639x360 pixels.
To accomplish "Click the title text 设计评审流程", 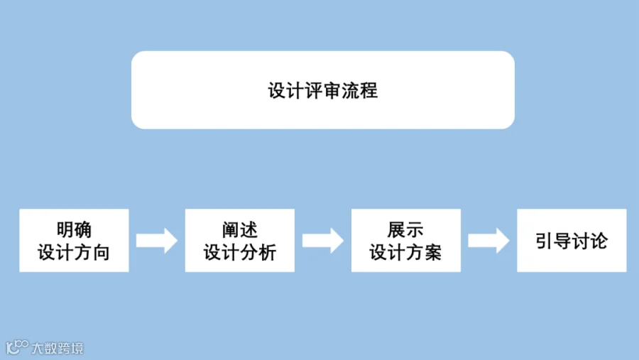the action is click(x=323, y=90).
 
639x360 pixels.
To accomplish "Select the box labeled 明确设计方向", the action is click(x=74, y=241).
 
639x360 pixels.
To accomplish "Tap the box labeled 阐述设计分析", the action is click(x=240, y=241).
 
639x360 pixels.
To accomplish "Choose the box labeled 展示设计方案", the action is click(x=406, y=241).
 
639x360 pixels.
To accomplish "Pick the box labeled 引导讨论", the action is click(x=572, y=241).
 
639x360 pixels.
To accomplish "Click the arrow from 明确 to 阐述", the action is click(x=157, y=241).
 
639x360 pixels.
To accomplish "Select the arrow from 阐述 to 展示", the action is click(x=323, y=241).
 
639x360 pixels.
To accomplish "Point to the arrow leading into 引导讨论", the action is click(x=488, y=241).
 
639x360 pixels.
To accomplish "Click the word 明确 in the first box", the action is click(x=74, y=230).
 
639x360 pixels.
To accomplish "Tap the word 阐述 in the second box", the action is click(x=240, y=230).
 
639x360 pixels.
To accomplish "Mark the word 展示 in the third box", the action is click(x=405, y=230).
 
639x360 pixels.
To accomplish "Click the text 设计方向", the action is click(x=74, y=252).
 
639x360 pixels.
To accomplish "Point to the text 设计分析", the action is click(x=240, y=252).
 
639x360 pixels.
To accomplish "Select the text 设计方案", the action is click(x=405, y=252).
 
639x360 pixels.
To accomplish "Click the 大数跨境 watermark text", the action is click(x=58, y=348).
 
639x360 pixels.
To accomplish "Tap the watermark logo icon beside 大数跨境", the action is click(x=17, y=347).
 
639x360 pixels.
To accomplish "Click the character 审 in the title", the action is click(x=332, y=90).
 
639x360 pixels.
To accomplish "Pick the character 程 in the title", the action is click(x=368, y=90).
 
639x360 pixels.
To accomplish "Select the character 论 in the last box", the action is click(x=599, y=241).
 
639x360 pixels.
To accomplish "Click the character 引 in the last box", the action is click(x=545, y=241).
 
